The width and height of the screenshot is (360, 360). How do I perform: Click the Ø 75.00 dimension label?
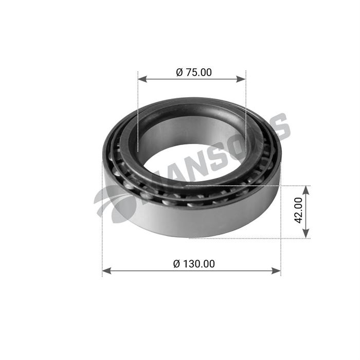[x=193, y=73]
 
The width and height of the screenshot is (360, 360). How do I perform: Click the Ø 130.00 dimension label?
[x=194, y=264]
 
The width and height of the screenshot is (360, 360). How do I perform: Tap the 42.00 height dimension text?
[x=298, y=211]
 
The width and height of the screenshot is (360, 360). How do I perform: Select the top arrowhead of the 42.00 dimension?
[x=306, y=189]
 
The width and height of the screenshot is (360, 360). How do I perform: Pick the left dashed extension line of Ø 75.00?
[x=138, y=113]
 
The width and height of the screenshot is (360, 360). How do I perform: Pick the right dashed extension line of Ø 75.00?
[x=246, y=113]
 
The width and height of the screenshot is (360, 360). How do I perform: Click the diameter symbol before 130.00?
[x=176, y=264]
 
